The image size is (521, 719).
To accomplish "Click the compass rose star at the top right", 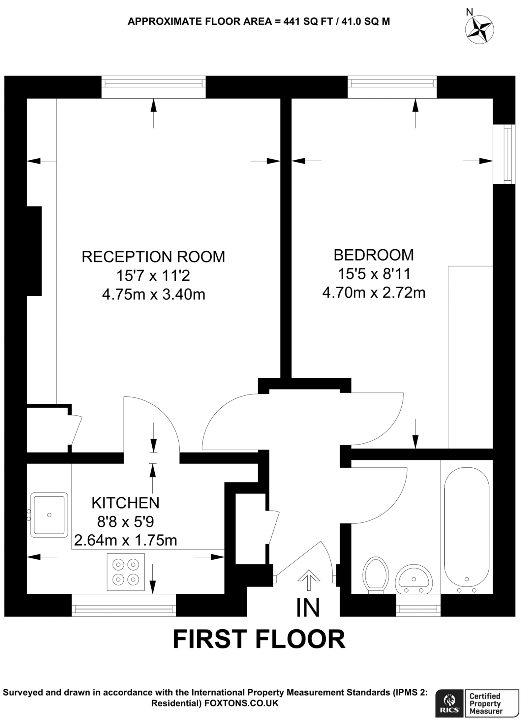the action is point(479,31).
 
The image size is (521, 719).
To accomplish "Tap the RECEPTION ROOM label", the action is point(153,257).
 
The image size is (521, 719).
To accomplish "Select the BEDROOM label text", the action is point(374,255).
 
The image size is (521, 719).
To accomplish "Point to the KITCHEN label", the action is point(125,503).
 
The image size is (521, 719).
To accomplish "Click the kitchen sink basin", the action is point(49,515).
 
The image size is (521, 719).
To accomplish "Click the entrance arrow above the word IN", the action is point(309,579).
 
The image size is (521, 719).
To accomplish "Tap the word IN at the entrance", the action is point(308,608).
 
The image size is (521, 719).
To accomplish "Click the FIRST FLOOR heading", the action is point(259,639).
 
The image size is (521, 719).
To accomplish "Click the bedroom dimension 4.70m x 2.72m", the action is point(374,293).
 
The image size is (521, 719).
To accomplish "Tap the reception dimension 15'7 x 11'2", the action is point(153,276).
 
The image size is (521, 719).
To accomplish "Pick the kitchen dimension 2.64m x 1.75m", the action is point(125,540).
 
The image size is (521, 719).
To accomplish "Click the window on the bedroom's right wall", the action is point(504,154).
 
